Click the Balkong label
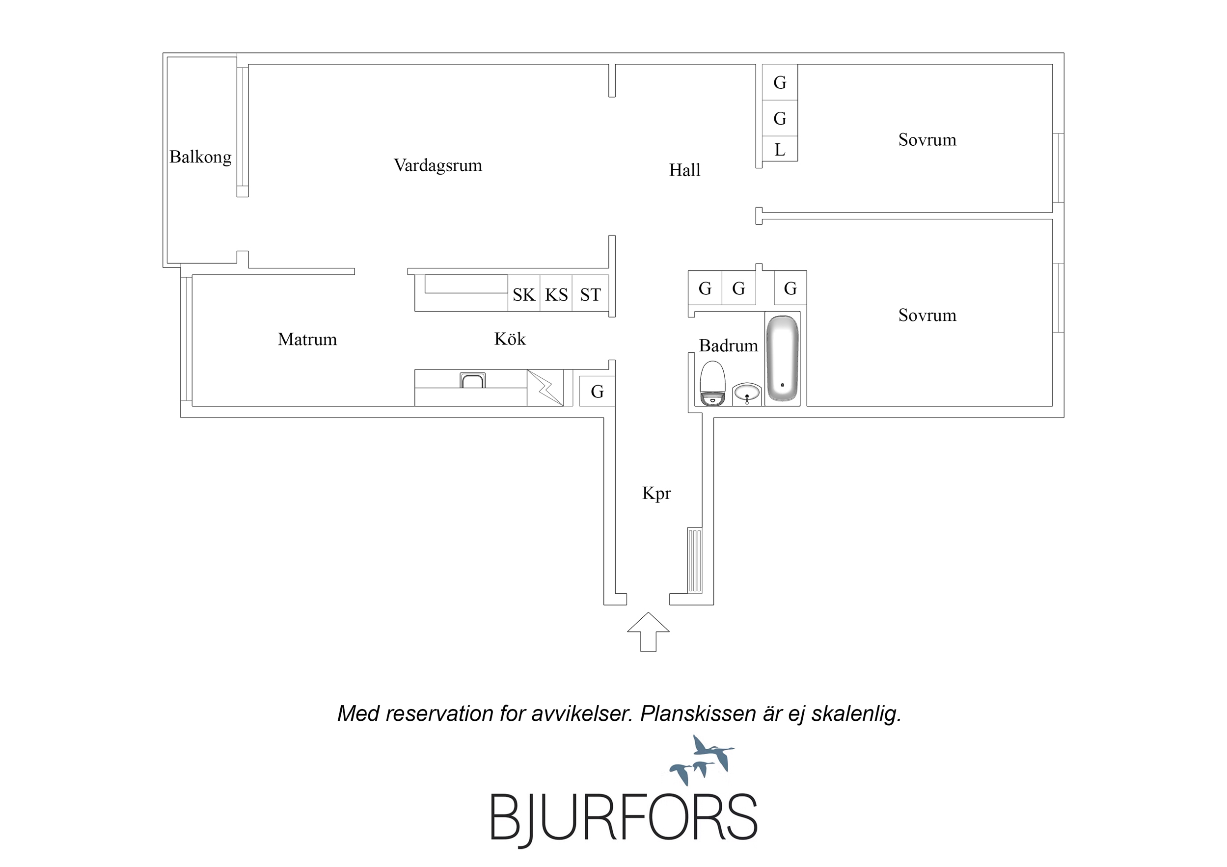(x=200, y=157)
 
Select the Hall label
(x=684, y=170)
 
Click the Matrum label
(x=307, y=339)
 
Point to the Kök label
(x=510, y=339)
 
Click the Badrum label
(x=729, y=345)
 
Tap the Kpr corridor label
(x=656, y=494)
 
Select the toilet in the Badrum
(x=712, y=384)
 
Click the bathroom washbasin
(x=747, y=394)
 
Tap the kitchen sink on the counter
(x=472, y=380)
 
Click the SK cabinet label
(x=524, y=295)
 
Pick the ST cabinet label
(x=591, y=295)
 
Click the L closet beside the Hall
(x=780, y=149)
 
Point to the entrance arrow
(x=648, y=631)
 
